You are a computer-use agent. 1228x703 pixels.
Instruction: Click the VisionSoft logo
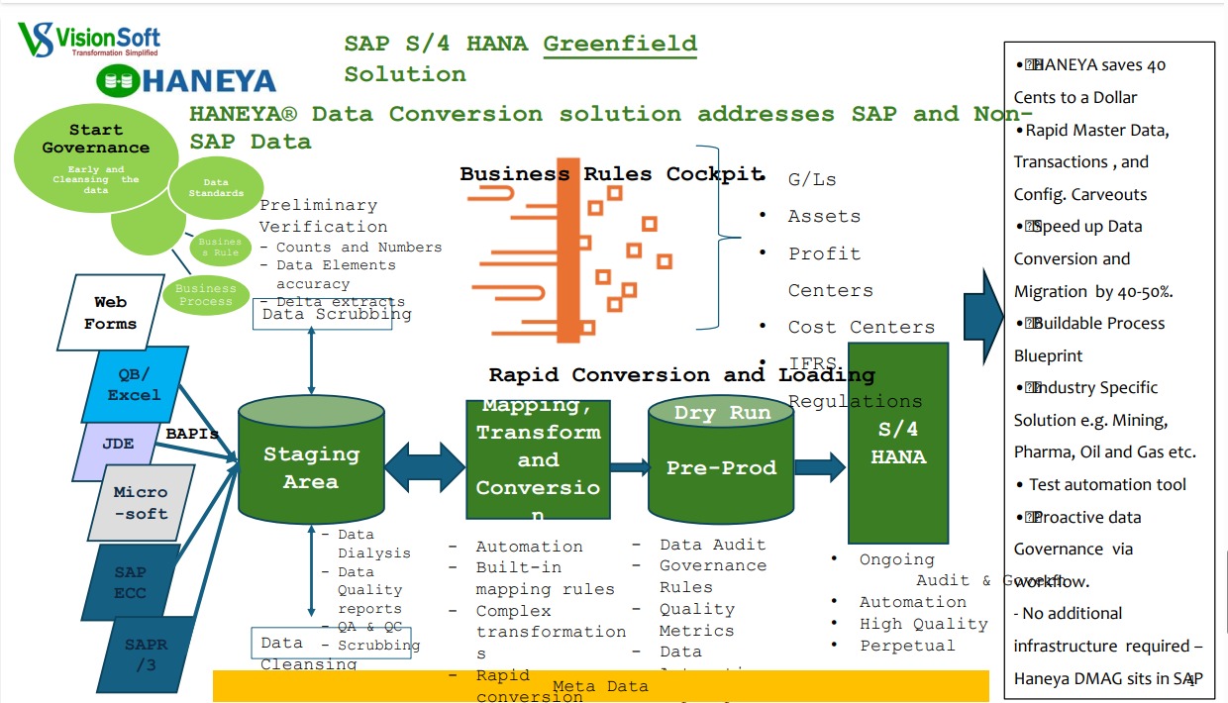[88, 41]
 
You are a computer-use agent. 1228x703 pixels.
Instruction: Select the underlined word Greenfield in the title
[620, 44]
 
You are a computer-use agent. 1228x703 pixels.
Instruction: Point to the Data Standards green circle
[216, 187]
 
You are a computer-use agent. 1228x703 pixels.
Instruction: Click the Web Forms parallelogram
[110, 313]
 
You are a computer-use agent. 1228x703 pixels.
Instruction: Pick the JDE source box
[118, 444]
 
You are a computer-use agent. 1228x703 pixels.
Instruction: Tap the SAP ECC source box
[130, 581]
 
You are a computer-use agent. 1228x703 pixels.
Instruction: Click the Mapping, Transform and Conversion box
[538, 459]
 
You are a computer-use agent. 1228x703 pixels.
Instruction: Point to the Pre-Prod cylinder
[720, 465]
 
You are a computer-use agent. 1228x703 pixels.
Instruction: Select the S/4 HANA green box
[898, 444]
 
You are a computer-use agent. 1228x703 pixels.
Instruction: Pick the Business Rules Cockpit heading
[611, 174]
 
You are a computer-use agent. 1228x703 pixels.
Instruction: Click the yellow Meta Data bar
[600, 686]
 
